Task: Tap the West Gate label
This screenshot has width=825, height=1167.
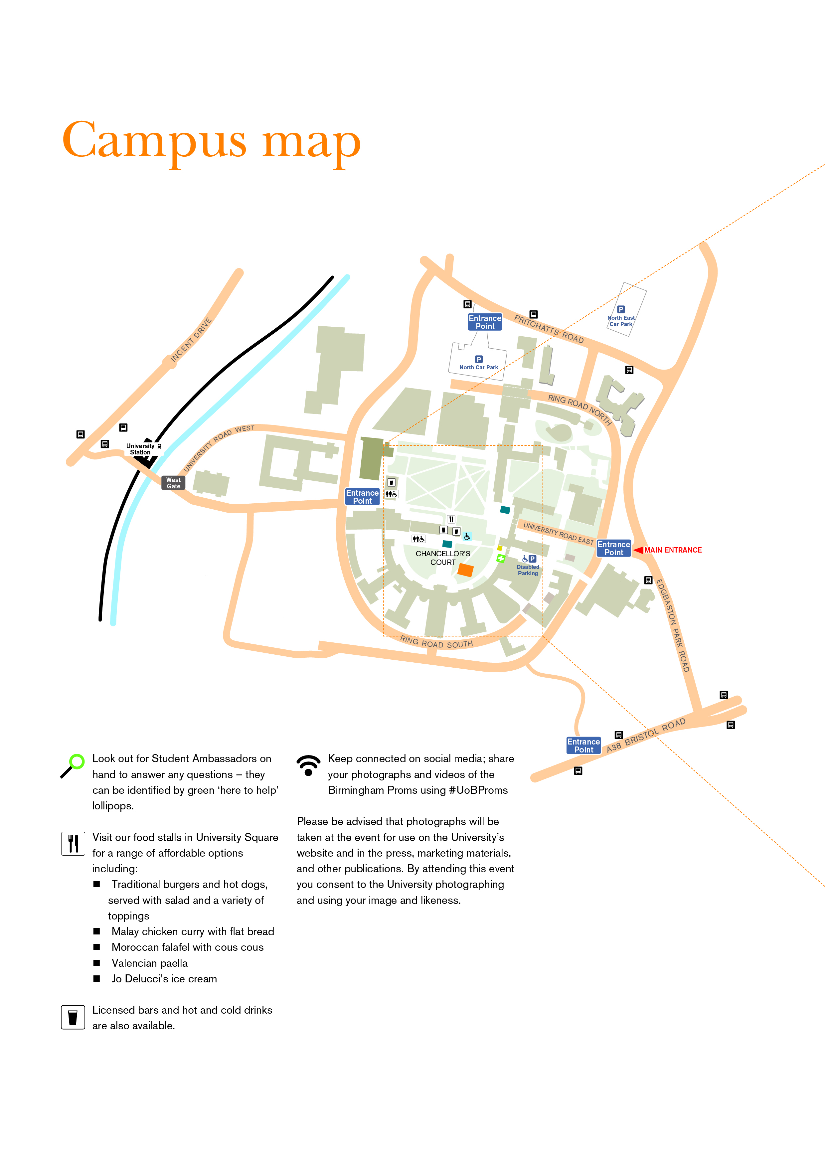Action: pos(173,483)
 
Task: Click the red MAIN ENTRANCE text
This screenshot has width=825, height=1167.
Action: pos(673,550)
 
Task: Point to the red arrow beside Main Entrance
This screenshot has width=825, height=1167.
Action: pos(638,550)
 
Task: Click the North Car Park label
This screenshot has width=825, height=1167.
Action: pos(478,367)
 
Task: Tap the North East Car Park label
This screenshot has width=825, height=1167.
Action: pos(621,321)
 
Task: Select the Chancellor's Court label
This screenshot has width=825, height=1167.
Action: pos(443,558)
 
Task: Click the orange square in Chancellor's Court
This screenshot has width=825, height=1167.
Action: pos(465,570)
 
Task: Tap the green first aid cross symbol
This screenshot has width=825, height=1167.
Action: pos(501,559)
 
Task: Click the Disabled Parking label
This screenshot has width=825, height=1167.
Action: pos(528,570)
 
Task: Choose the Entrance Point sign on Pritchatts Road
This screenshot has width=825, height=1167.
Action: pos(485,322)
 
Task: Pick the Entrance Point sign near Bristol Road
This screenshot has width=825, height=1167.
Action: pos(583,746)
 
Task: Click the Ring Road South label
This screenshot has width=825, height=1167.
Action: pos(436,642)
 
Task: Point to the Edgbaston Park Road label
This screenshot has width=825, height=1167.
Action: pos(673,625)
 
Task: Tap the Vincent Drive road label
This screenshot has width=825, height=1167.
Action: pos(191,340)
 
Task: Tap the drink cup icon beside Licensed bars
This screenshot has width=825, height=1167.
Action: pos(73,1017)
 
